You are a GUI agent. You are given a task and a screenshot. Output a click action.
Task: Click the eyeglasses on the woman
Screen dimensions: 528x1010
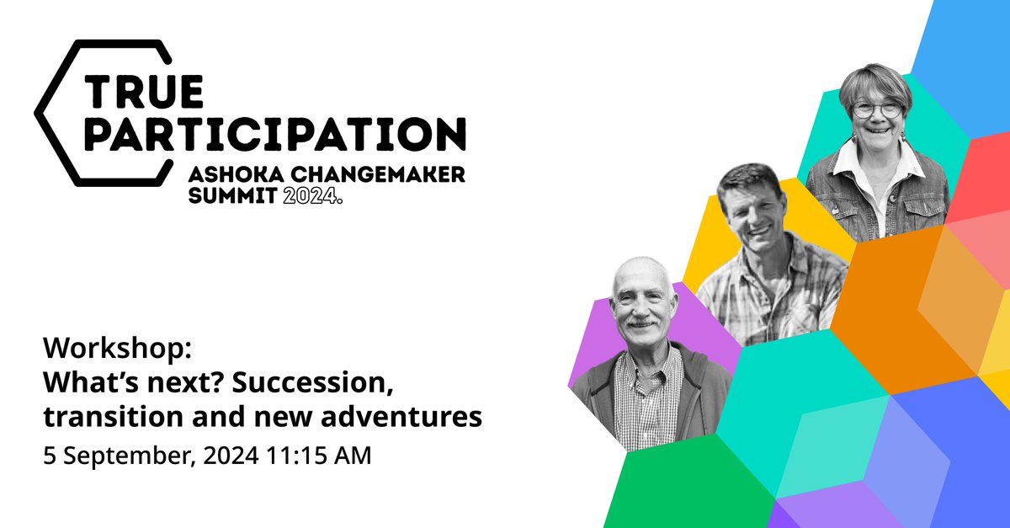click(x=877, y=109)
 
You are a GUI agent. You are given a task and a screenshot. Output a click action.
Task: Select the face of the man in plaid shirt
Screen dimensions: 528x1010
click(x=752, y=206)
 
